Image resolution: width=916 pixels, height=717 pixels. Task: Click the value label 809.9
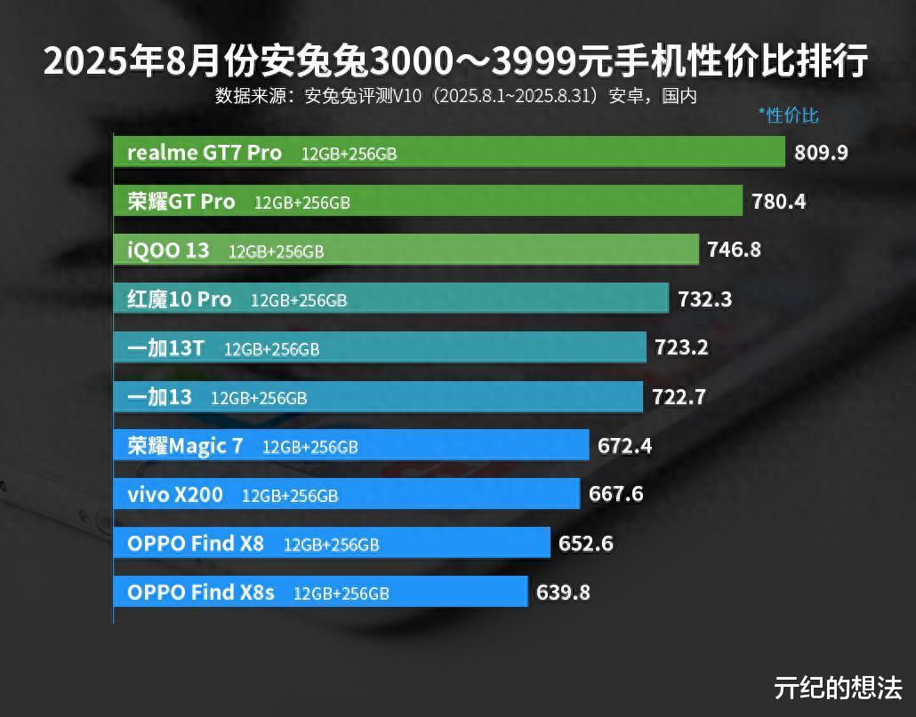click(821, 153)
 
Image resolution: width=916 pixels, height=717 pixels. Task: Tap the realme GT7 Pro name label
click(205, 153)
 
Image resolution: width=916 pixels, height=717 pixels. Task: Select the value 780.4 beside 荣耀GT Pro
click(778, 202)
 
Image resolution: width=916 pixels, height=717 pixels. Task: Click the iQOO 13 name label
click(168, 251)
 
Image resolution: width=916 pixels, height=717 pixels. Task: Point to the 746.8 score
click(734, 250)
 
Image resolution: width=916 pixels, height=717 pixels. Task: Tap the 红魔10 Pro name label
click(179, 299)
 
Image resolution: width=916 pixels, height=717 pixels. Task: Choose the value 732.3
click(704, 299)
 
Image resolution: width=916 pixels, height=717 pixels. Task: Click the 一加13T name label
click(165, 348)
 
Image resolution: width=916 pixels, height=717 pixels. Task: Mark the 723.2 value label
click(681, 347)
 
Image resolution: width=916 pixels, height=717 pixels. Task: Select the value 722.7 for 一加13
click(679, 397)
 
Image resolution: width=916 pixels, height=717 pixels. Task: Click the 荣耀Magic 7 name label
click(185, 446)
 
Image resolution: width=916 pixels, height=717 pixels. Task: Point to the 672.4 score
click(624, 446)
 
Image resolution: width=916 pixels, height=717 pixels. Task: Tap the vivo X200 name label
click(175, 495)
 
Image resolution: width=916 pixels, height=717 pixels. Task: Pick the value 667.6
click(615, 494)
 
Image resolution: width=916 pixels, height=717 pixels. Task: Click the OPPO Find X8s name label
click(201, 593)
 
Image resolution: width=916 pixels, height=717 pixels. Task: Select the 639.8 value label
click(563, 593)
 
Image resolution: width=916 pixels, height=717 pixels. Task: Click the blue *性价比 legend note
click(788, 115)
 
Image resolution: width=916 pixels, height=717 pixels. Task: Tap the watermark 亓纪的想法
click(838, 688)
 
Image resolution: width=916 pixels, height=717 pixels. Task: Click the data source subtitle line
click(455, 96)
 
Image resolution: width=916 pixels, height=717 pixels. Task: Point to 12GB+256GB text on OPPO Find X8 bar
click(331, 545)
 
